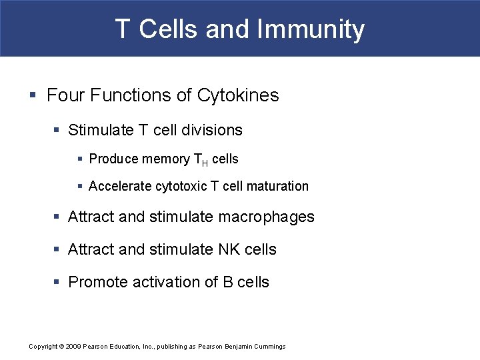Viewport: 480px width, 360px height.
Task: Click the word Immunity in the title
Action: click(x=311, y=29)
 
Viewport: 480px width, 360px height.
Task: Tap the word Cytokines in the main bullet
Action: click(x=238, y=95)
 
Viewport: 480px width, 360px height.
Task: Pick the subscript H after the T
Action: click(x=205, y=162)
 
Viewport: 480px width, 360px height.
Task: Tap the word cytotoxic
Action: click(x=181, y=187)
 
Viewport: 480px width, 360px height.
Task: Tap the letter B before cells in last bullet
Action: click(x=227, y=282)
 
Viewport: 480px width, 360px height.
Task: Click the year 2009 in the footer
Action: click(x=73, y=347)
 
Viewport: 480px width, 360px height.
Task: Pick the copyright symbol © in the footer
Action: click(x=61, y=347)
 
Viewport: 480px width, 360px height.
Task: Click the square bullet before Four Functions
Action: click(x=33, y=95)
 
